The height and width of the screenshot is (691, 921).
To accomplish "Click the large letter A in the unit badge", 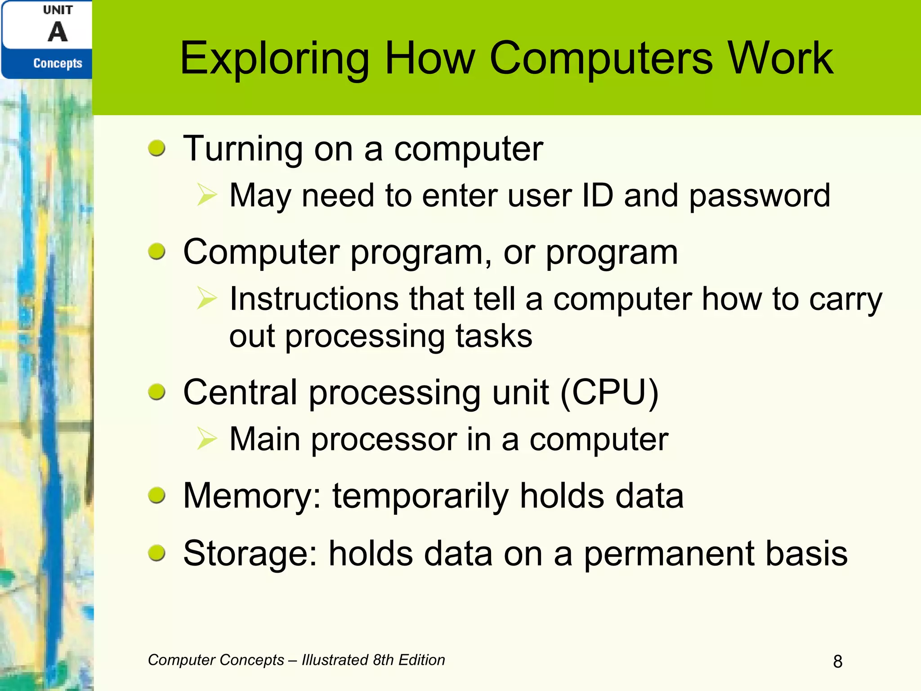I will pos(58,32).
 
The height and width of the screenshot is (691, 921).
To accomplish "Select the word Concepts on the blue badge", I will pos(58,63).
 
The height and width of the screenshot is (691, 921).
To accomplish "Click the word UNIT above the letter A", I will pos(58,10).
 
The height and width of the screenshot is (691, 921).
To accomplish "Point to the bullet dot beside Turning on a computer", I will pos(157,148).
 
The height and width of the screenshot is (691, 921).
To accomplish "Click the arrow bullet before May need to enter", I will pos(207,195).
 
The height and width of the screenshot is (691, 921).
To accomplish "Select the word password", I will pos(760,196).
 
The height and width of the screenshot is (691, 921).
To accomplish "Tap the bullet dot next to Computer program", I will pos(157,251).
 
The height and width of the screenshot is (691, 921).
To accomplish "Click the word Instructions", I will pos(314,299).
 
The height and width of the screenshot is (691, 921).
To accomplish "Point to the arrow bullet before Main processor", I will pos(207,439).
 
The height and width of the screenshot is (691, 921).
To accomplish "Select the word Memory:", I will pos(252,496).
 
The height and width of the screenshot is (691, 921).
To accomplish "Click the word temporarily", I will pos(420,496).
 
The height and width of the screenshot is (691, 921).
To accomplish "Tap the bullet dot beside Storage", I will pos(157,553).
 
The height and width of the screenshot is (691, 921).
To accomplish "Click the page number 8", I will pos(837,661).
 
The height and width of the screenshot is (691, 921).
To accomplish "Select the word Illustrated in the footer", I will pos(335,660).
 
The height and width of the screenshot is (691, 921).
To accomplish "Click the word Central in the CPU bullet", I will pos(240,392).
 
